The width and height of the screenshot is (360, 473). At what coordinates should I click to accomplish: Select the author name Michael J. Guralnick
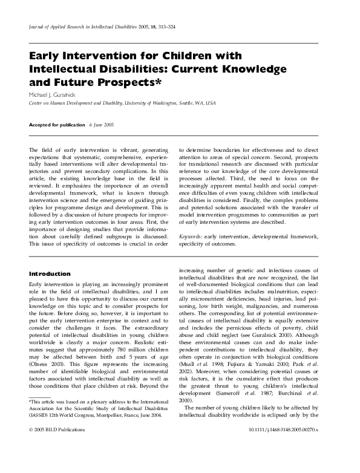[x=57, y=95]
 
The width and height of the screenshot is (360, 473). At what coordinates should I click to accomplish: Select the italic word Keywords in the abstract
[x=192, y=236]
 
